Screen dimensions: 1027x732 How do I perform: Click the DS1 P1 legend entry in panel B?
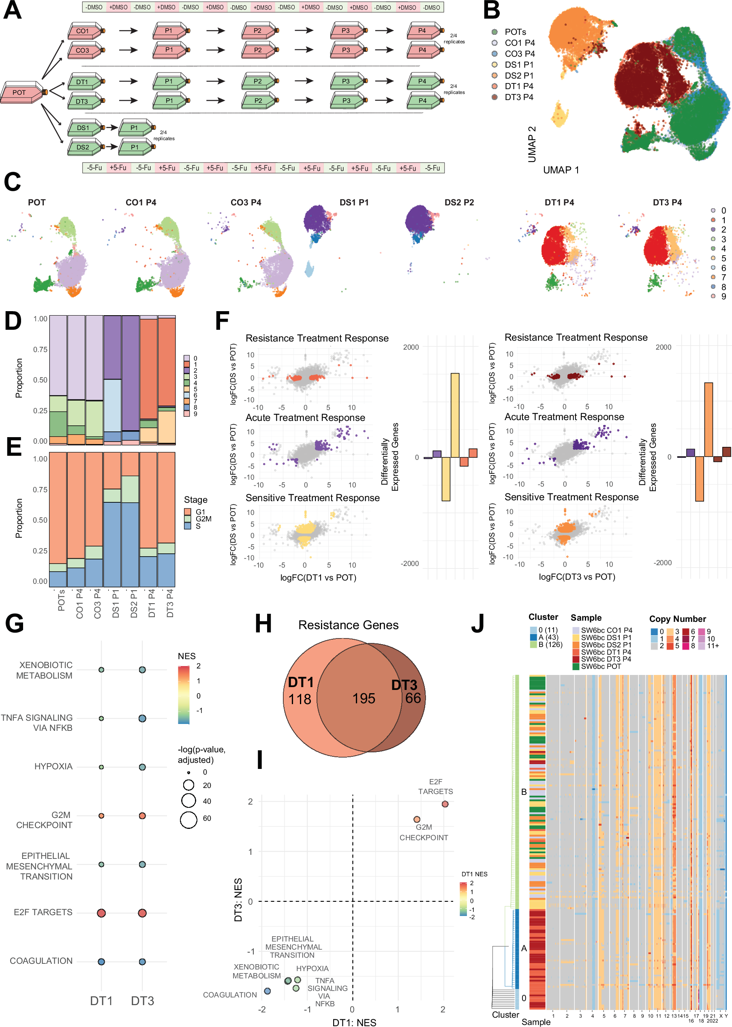click(x=518, y=64)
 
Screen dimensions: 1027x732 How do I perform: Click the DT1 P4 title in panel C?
click(x=559, y=202)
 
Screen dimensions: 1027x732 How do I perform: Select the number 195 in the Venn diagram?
click(x=363, y=698)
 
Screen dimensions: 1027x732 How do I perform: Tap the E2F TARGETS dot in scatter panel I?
click(x=445, y=804)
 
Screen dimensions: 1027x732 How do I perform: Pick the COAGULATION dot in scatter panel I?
click(x=267, y=991)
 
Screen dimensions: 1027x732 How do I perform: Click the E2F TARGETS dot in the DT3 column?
click(x=142, y=913)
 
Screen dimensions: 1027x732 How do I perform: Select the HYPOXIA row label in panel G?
click(x=53, y=766)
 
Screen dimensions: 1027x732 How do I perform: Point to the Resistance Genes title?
click(x=348, y=625)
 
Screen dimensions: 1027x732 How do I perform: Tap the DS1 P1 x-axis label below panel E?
click(x=116, y=604)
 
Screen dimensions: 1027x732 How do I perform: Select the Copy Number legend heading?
click(x=677, y=619)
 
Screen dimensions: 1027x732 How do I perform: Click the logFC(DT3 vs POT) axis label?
click(x=576, y=576)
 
